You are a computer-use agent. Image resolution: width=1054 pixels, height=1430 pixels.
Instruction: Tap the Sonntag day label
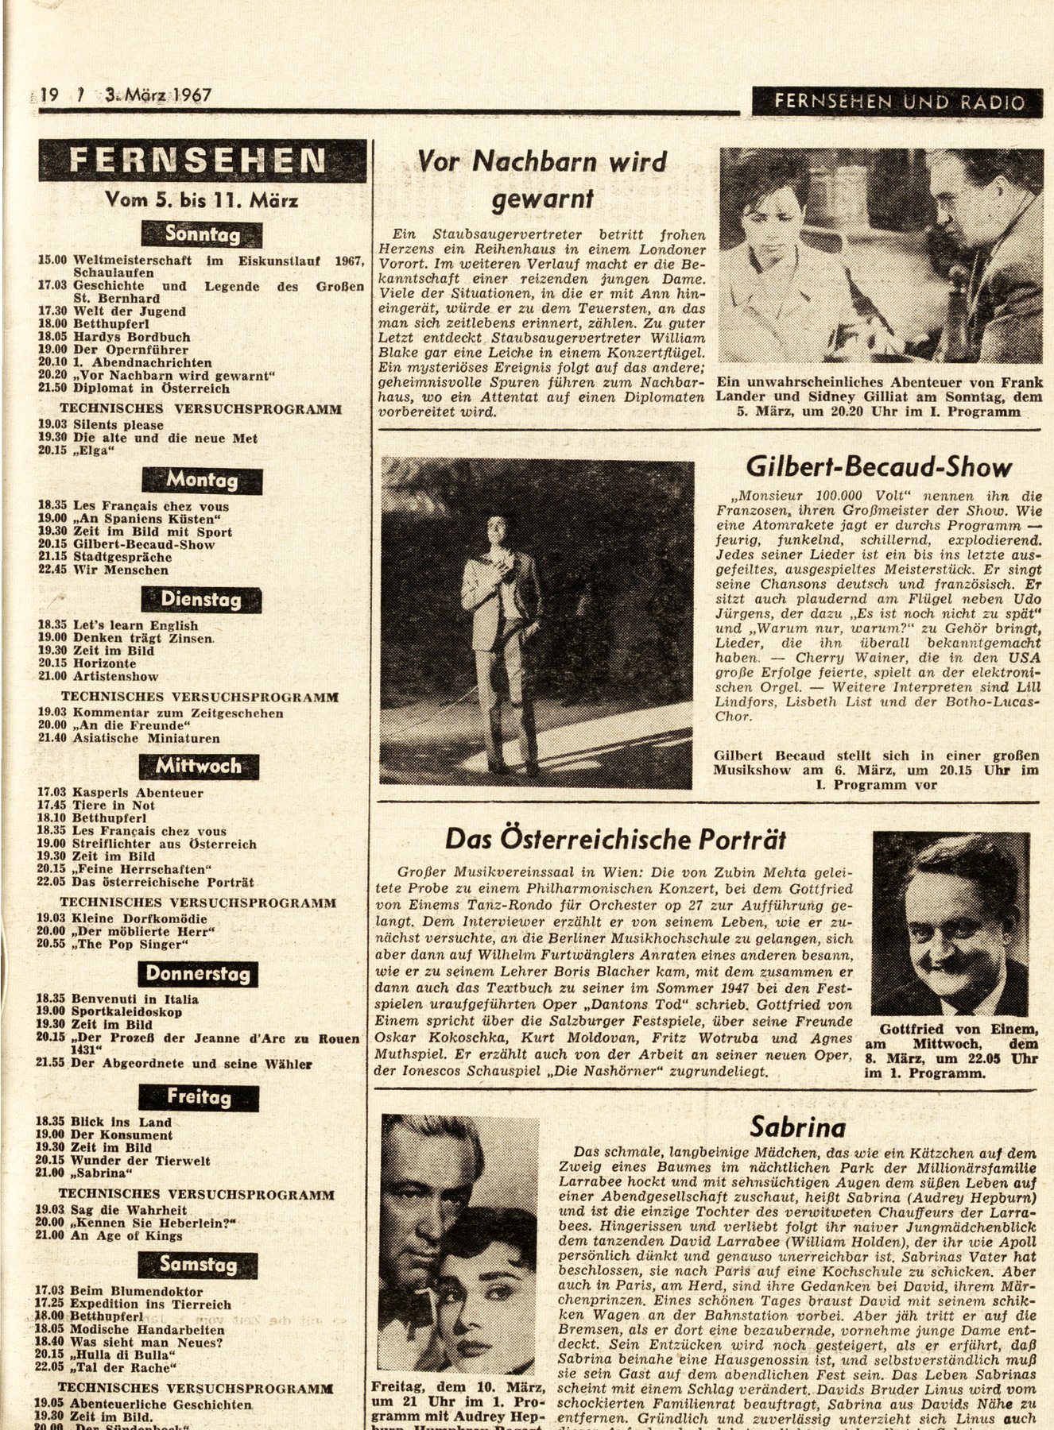[202, 234]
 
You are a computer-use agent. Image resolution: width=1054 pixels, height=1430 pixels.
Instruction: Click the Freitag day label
[199, 1098]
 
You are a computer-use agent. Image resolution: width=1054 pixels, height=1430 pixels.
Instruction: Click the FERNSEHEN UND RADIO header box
[898, 102]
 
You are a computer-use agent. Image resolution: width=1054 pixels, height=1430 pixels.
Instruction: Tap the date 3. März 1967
[158, 96]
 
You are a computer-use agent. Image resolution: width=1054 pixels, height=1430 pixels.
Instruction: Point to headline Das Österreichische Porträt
[615, 839]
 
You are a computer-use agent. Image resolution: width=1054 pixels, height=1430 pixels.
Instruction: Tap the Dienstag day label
[201, 600]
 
